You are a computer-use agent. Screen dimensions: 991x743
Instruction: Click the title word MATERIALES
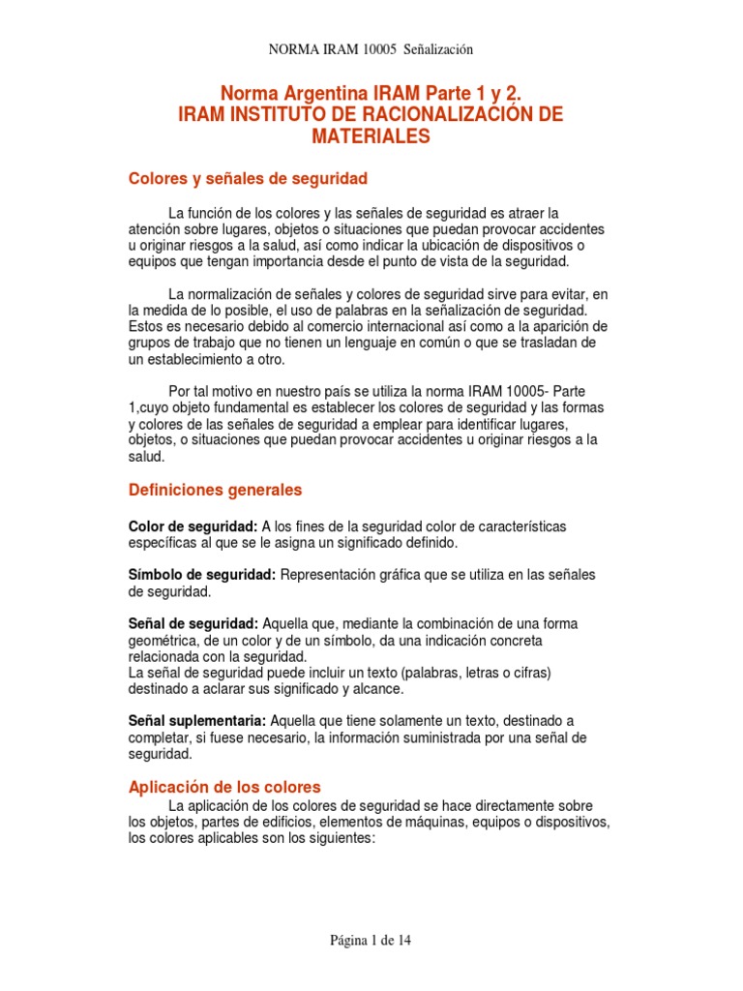(370, 137)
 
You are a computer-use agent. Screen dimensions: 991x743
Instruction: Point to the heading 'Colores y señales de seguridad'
(248, 179)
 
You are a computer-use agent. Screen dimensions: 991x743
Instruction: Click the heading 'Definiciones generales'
(215, 491)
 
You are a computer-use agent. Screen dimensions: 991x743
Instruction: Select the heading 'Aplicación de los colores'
(224, 787)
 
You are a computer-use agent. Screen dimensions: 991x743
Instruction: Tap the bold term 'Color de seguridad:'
(193, 526)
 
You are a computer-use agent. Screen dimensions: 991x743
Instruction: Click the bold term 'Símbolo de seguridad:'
(202, 575)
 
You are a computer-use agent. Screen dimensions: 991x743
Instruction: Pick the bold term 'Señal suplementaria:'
(198, 720)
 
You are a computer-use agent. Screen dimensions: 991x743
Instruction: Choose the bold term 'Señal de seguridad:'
(193, 623)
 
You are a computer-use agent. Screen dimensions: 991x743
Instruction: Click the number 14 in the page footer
(403, 940)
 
